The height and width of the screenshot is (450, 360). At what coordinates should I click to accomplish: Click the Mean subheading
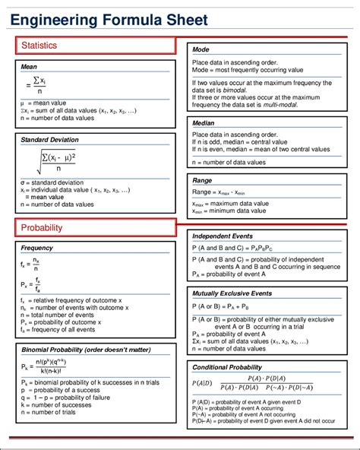coord(30,67)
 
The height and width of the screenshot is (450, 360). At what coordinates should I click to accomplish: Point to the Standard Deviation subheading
coord(50,141)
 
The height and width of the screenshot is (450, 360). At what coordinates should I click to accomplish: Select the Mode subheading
coord(201,49)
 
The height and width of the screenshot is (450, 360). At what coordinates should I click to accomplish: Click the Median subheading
coord(204,122)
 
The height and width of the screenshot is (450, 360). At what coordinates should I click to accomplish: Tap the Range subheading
coord(203,181)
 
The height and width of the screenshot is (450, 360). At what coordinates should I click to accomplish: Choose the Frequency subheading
coord(37,249)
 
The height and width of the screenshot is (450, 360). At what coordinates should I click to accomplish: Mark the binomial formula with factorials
coord(55,367)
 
